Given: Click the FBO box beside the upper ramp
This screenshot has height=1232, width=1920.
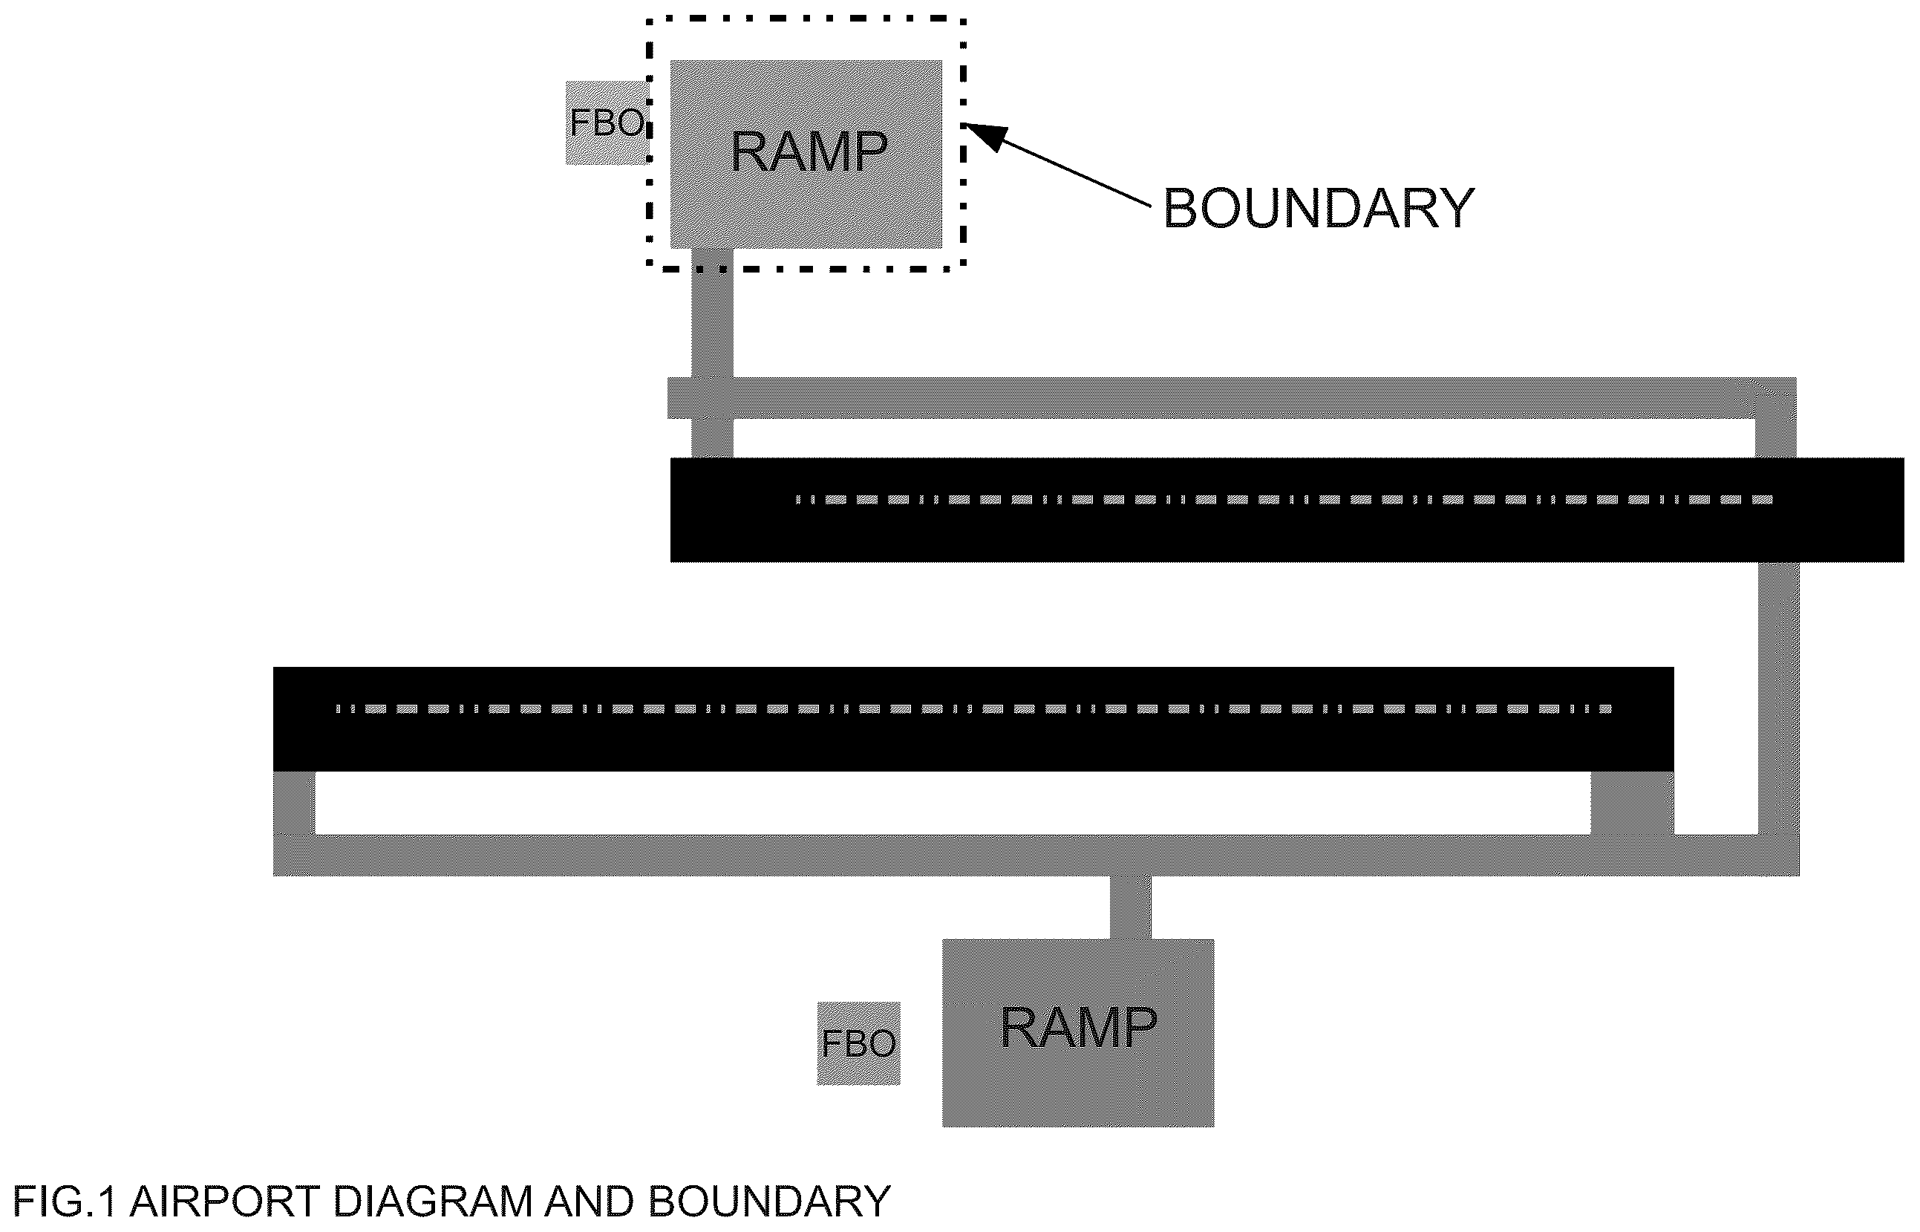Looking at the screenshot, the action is coord(607,123).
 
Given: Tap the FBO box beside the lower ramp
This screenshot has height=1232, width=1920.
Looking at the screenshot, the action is coord(858,1043).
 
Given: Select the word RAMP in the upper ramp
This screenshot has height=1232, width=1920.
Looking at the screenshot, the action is coord(809,151).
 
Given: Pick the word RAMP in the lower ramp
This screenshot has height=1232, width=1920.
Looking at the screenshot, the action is coord(1078,1027).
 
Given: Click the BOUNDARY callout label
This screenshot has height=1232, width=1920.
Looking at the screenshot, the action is coord(1318,209).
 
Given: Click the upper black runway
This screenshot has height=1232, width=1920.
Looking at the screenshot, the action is coord(1287,509).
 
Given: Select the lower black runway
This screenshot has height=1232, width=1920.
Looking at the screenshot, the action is coord(973,719).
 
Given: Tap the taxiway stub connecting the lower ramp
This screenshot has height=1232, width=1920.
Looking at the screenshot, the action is coord(1131,907).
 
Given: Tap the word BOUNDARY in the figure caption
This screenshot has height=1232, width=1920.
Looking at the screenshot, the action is coord(768,1202).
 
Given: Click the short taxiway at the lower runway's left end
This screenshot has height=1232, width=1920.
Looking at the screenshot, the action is coord(294,804).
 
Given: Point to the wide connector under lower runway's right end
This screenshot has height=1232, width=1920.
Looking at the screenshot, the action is coord(1632,804).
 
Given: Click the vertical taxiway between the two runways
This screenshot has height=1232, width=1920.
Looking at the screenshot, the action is coord(1778,698).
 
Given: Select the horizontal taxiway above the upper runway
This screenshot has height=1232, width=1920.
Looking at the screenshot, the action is coord(1232,397).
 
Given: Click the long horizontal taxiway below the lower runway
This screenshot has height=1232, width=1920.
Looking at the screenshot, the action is coord(1036,855).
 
